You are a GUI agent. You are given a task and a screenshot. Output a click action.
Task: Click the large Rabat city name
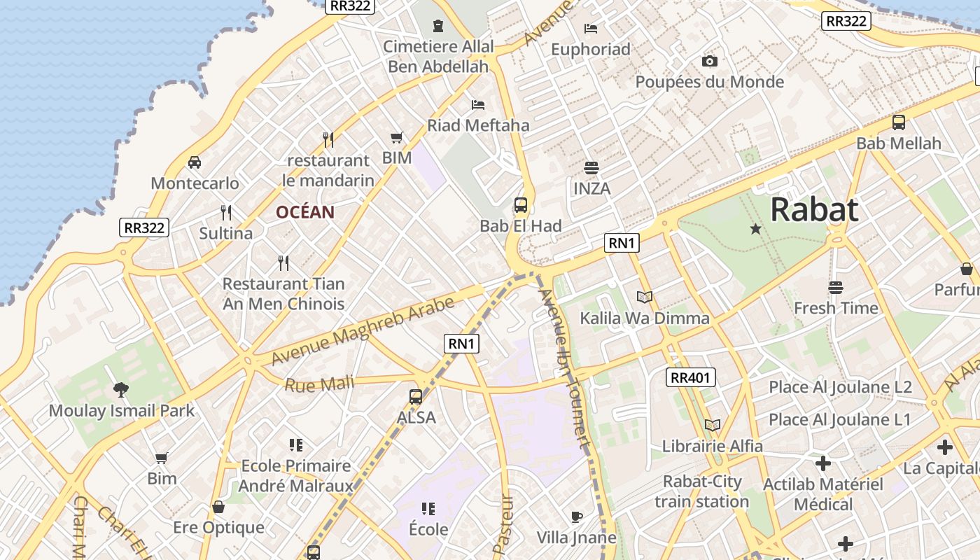click(815, 209)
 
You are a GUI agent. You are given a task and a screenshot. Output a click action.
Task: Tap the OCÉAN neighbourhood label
click(304, 212)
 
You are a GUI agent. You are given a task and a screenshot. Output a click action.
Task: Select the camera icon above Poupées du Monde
click(710, 62)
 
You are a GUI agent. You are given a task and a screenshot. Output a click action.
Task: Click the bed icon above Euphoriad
click(591, 29)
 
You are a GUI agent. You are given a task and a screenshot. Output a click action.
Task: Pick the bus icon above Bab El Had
click(521, 205)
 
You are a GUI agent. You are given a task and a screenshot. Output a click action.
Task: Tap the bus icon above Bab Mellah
click(899, 122)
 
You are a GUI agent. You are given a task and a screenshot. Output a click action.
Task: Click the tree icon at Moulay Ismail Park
click(121, 390)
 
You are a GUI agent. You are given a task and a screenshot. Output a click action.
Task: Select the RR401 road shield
click(690, 378)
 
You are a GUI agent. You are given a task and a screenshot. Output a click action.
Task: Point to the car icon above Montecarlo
click(195, 162)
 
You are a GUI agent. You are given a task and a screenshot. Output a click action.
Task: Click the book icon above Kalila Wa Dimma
click(645, 297)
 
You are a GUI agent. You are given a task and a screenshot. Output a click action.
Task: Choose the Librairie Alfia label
click(713, 446)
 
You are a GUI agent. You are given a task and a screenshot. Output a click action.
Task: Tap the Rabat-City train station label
click(702, 491)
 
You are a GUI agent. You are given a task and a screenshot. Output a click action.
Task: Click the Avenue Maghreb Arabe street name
click(363, 331)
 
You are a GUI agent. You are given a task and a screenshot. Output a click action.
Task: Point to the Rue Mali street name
click(319, 384)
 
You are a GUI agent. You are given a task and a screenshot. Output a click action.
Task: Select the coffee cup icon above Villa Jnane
click(576, 517)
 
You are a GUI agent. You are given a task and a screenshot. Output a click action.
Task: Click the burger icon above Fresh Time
click(835, 288)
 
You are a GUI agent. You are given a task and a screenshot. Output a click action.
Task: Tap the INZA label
click(591, 188)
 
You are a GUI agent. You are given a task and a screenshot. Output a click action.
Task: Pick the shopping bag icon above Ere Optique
click(218, 507)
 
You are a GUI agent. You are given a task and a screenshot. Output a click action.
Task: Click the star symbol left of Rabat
click(755, 229)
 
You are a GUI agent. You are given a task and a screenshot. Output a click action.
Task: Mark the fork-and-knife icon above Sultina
click(226, 212)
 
